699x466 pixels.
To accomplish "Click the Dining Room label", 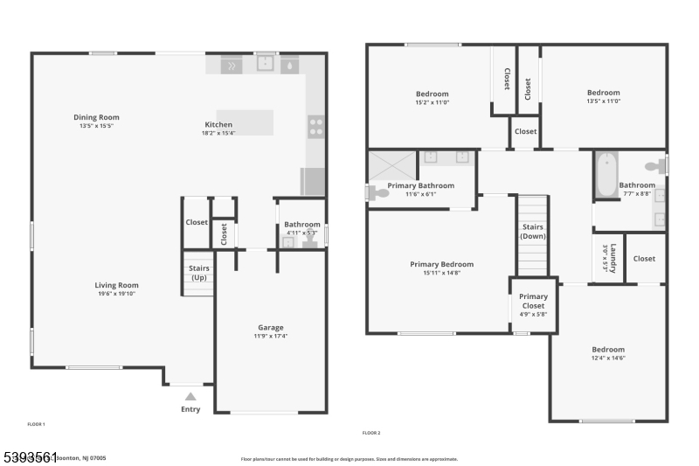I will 96,117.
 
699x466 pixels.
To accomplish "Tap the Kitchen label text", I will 218,125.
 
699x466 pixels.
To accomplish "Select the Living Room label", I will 116,285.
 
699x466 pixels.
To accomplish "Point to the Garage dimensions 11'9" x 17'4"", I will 271,336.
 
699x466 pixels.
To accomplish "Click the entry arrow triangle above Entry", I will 190,396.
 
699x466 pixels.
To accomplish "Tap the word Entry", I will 190,409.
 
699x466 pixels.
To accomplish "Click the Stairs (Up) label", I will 200,273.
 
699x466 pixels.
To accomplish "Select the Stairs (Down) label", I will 533,232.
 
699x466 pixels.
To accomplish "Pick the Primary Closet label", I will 533,301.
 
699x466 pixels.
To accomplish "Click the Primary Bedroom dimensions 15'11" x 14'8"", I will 441,272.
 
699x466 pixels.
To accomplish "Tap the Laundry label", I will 613,258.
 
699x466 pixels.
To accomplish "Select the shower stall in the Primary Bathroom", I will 391,165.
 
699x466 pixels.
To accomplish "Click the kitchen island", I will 245,122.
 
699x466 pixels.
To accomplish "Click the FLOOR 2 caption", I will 371,433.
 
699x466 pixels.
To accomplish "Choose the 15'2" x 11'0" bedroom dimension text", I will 432,102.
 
